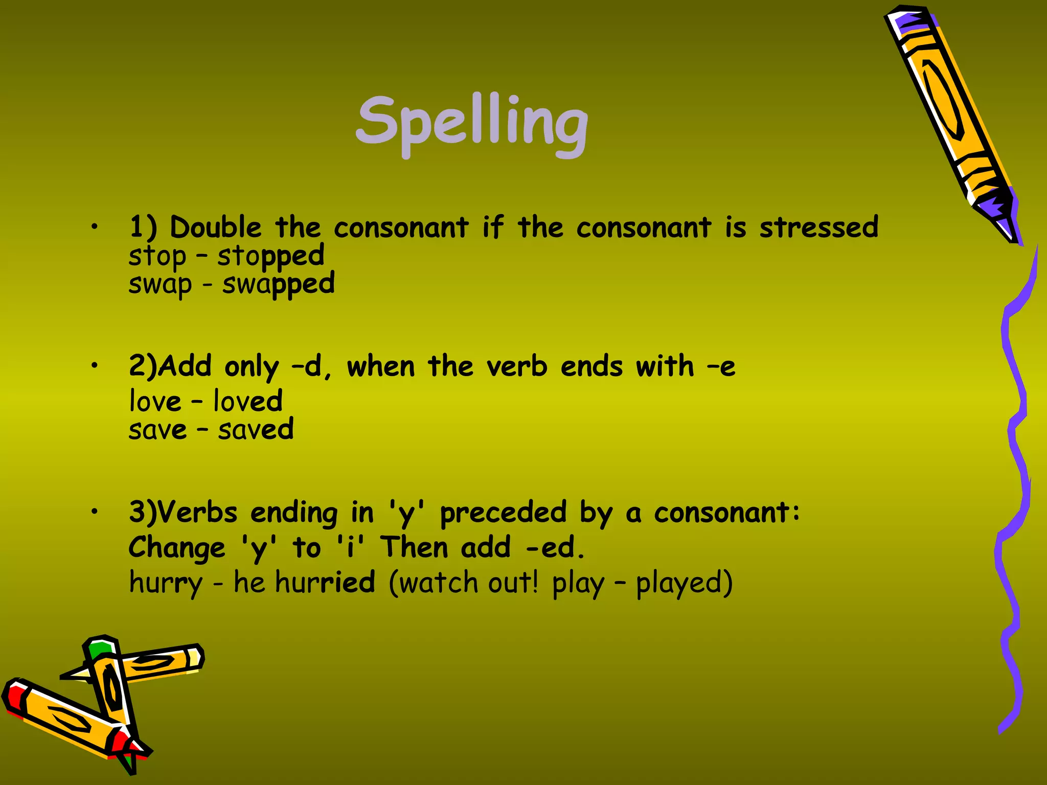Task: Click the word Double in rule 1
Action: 215,227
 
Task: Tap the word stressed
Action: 818,227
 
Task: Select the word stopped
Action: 270,257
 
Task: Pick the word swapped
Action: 278,285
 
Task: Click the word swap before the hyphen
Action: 160,285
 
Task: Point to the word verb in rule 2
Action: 516,366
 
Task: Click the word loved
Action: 247,401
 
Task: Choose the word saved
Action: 256,429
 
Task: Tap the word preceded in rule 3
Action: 503,513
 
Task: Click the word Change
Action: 177,548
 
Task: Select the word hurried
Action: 325,583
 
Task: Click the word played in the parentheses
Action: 684,583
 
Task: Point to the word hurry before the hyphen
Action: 166,583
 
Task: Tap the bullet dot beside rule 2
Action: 94,365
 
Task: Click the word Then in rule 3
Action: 414,548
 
